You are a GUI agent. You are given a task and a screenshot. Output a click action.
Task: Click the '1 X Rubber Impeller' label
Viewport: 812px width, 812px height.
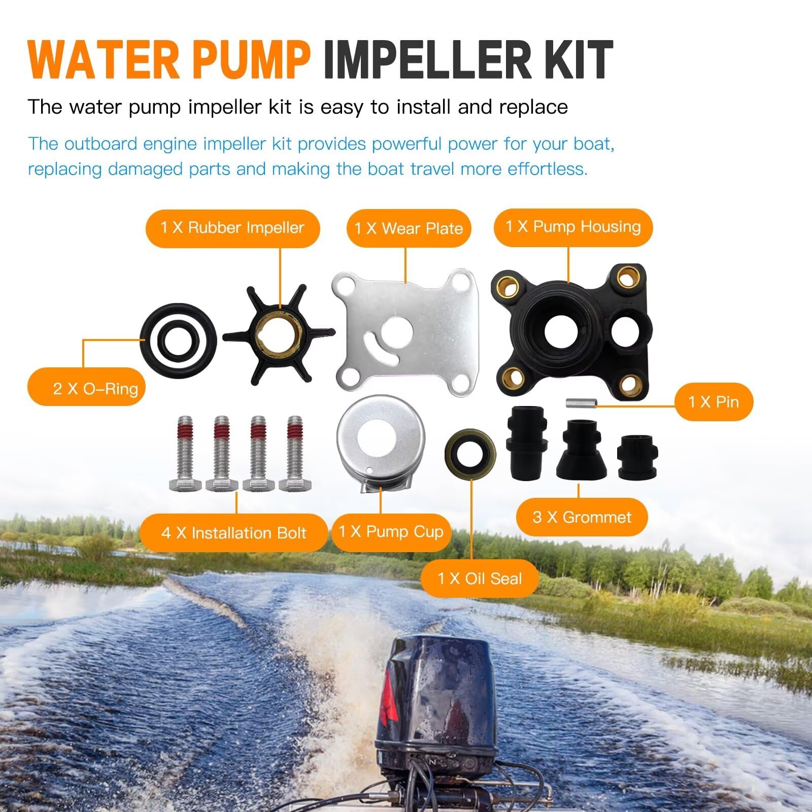coord(232,228)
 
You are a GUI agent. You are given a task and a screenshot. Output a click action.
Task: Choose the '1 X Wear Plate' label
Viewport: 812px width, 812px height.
coord(409,228)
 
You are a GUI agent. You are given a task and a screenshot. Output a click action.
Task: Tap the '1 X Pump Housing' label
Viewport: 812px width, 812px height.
coord(573,227)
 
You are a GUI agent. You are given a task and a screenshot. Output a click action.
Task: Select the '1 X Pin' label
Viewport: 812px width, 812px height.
coord(714,402)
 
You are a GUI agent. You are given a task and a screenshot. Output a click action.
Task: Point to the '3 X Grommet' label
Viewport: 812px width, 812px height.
coord(582,517)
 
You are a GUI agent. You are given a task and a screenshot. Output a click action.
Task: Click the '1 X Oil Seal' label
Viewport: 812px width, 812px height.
coord(480,579)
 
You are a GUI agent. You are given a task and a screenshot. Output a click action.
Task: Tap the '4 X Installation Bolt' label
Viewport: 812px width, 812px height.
coord(233,533)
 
